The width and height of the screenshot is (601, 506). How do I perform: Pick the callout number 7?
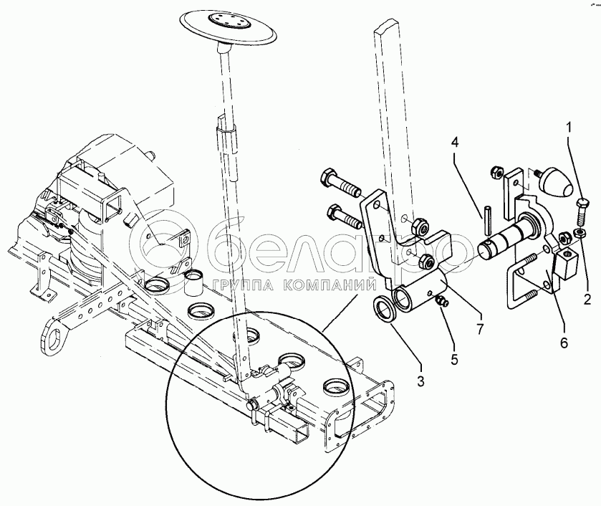(x=479, y=316)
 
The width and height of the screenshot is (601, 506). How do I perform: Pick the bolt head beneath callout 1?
(x=583, y=207)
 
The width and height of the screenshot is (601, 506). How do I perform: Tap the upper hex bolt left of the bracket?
(x=337, y=180)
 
